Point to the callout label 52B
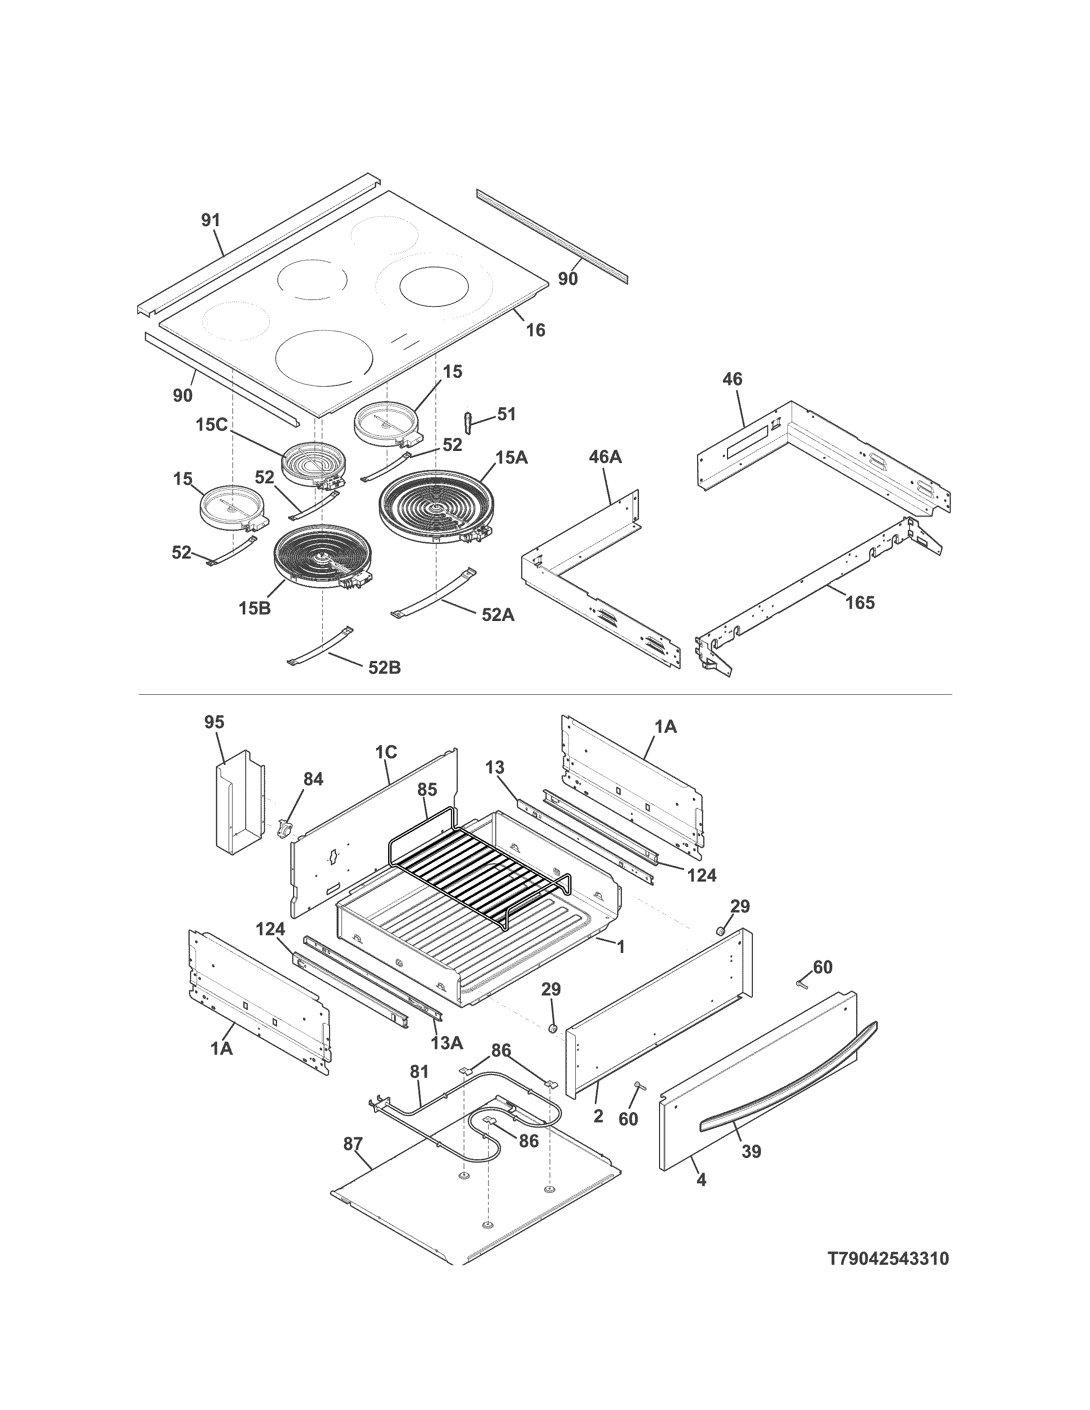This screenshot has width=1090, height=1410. (384, 667)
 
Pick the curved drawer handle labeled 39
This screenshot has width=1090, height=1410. (788, 1105)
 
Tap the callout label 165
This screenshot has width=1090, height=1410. (860, 602)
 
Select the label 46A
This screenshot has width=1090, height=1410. (605, 458)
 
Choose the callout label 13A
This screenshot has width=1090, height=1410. (447, 1043)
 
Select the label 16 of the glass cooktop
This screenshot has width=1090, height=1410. (535, 331)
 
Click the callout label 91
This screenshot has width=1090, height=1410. (210, 221)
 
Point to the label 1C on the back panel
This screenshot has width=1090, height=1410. (386, 752)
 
